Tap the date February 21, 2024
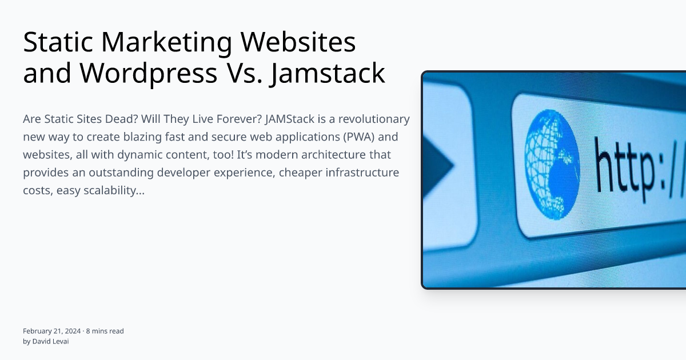pos(51,331)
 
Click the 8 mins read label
pos(105,331)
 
